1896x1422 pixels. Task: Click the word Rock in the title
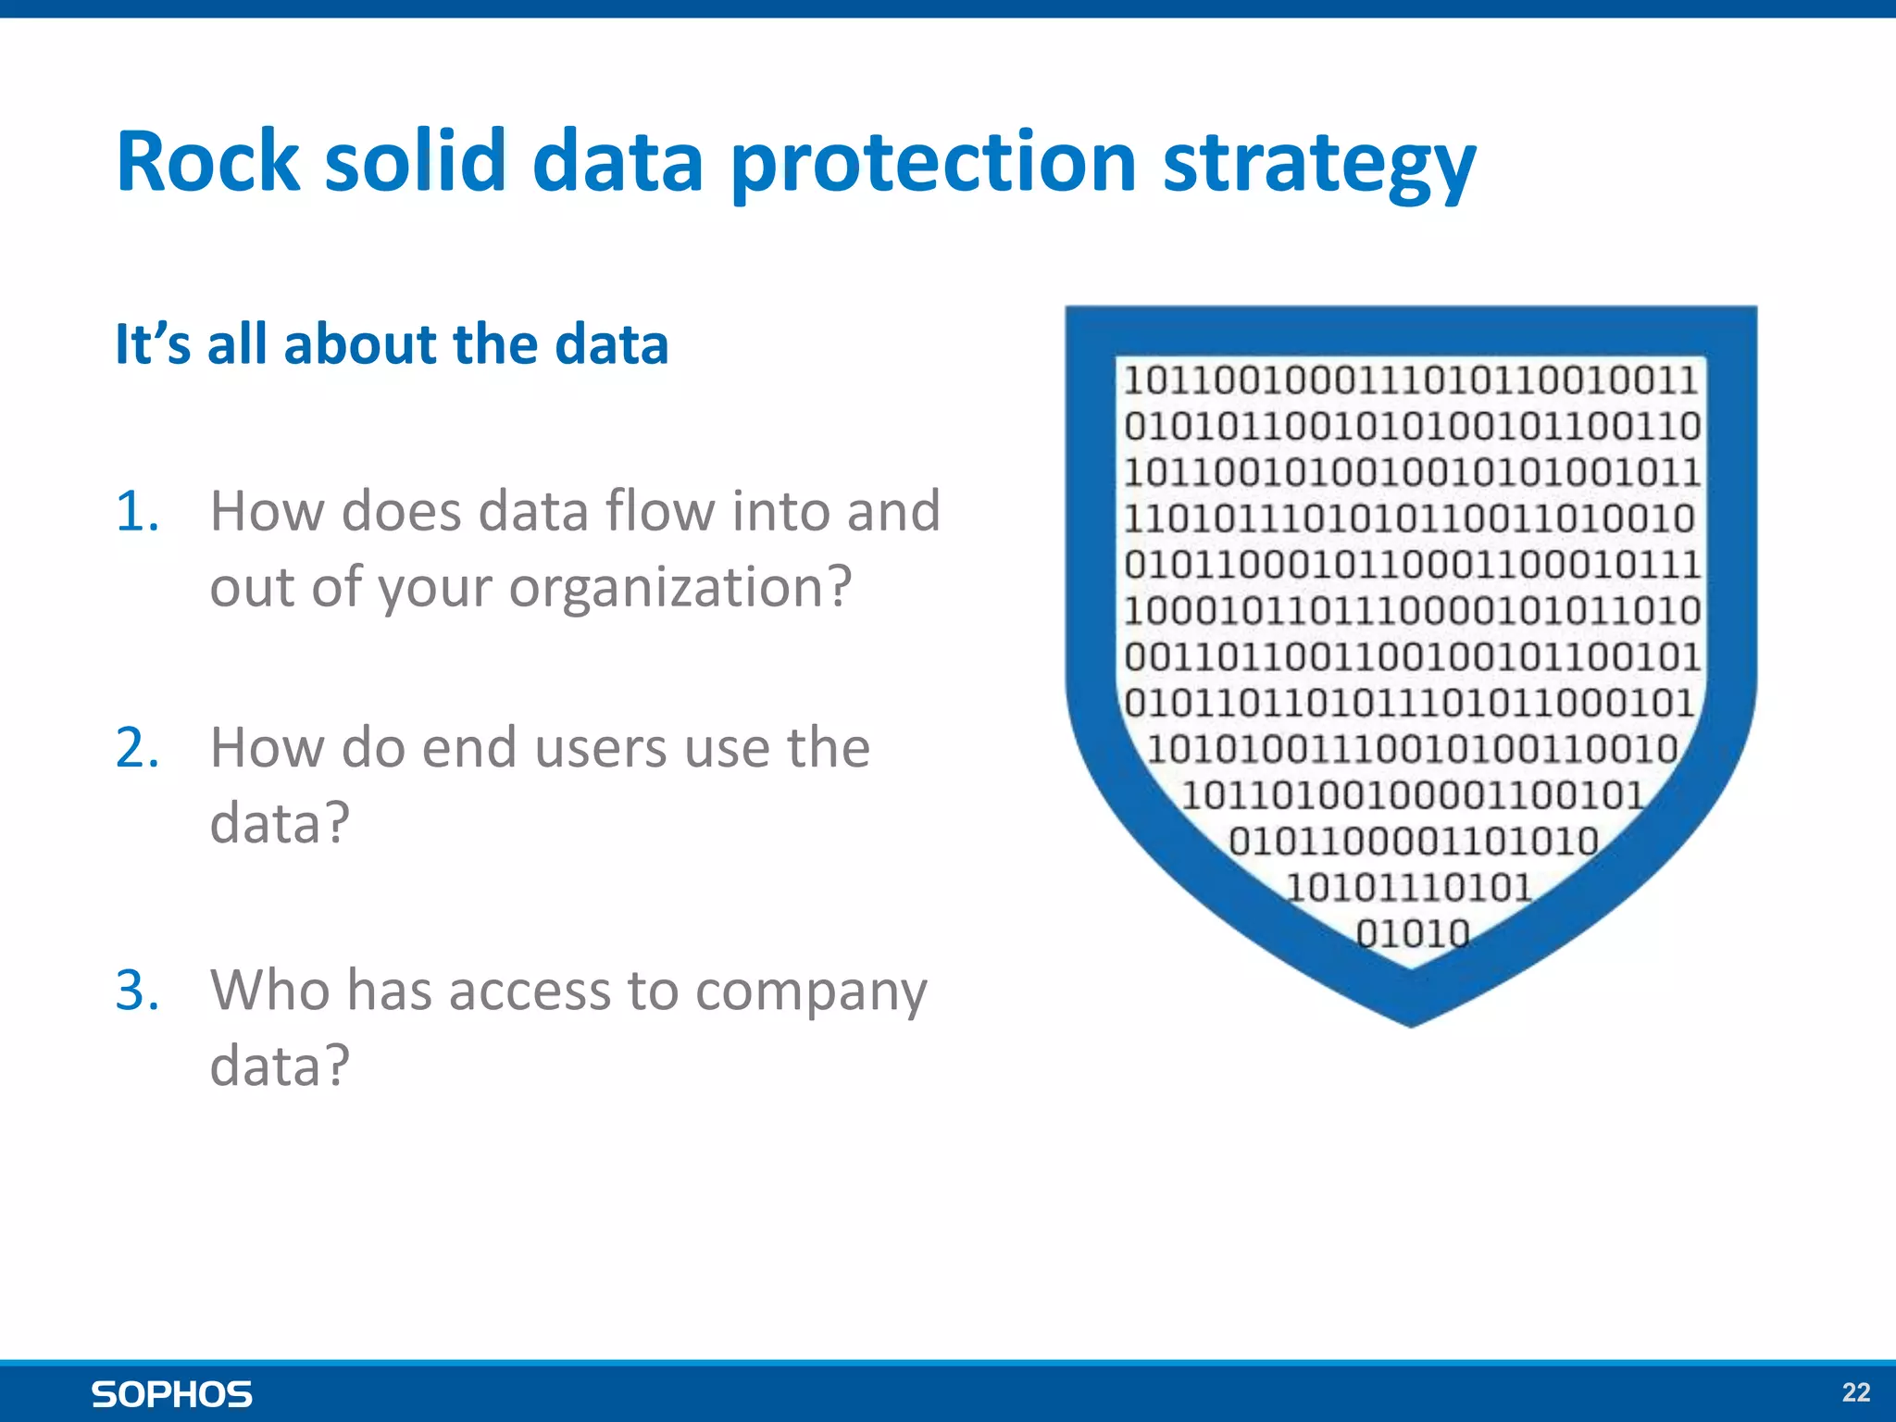point(207,162)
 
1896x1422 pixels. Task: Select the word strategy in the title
point(1318,165)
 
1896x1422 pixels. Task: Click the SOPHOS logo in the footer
point(172,1394)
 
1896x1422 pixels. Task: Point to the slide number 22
point(1855,1392)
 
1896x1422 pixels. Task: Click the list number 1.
point(137,511)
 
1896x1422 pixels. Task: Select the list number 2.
point(137,748)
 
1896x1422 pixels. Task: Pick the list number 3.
point(137,991)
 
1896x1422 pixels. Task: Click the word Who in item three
point(269,991)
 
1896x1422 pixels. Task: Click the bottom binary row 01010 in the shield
point(1413,933)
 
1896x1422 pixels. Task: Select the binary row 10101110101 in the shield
point(1410,888)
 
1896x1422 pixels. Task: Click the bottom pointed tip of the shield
point(1411,1020)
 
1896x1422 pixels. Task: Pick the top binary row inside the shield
point(1410,380)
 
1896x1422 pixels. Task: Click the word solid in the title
point(416,162)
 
